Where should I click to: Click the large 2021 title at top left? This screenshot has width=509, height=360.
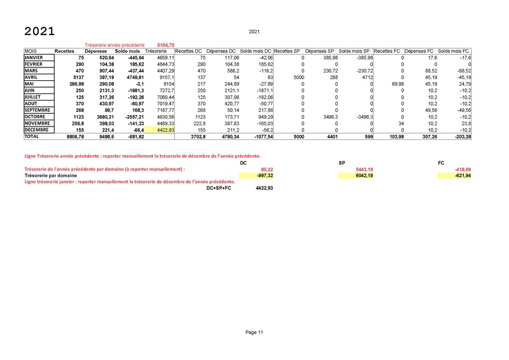coord(39,32)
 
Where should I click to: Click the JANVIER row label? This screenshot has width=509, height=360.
coord(35,57)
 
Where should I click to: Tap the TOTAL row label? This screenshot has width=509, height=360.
coord(32,136)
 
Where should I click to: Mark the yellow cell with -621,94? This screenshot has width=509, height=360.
coord(459,175)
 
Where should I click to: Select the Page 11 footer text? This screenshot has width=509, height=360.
coord(254,332)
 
